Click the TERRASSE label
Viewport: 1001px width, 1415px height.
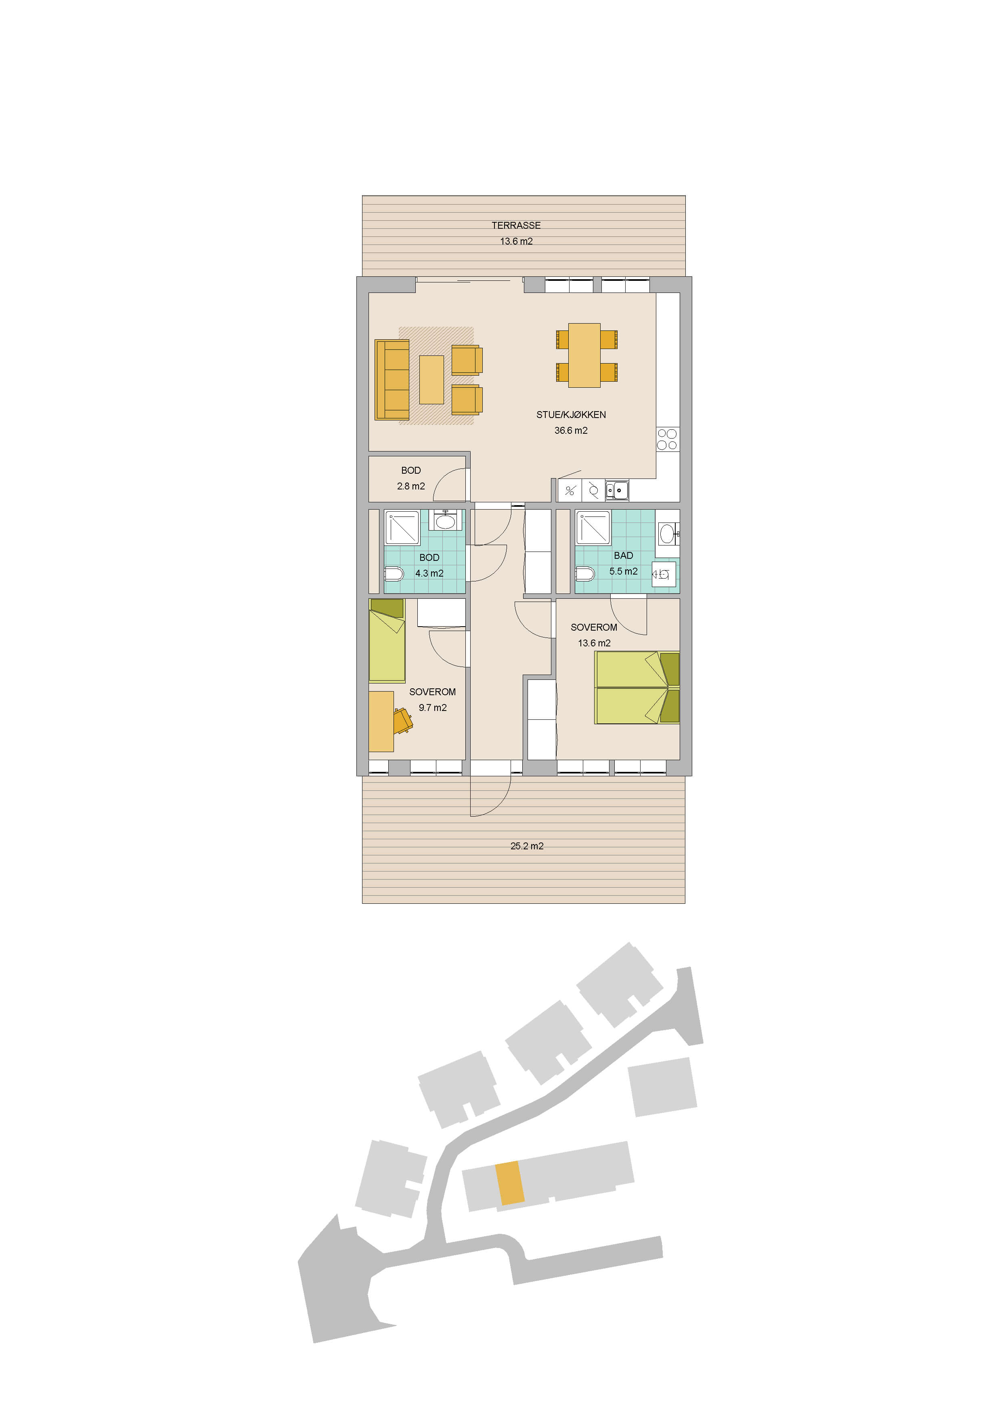pos(516,226)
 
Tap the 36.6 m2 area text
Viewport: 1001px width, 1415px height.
pos(571,430)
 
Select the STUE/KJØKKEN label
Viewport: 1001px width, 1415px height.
pos(571,415)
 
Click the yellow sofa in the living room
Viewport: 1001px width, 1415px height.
pos(392,380)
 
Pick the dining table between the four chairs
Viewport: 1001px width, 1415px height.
pos(584,355)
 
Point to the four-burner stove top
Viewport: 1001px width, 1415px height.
pos(667,439)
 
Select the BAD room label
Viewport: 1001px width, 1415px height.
pos(623,555)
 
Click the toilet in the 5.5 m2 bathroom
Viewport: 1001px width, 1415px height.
pos(585,575)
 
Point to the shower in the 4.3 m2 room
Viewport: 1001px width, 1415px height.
pos(402,527)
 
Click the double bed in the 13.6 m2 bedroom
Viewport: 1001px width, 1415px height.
pos(637,687)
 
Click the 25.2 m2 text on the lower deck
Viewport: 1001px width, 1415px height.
pos(527,846)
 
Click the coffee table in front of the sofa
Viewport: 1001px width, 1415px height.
pos(431,380)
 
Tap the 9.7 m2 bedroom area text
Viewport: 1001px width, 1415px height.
pos(433,708)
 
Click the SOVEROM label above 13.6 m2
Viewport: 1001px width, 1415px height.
pos(594,627)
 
